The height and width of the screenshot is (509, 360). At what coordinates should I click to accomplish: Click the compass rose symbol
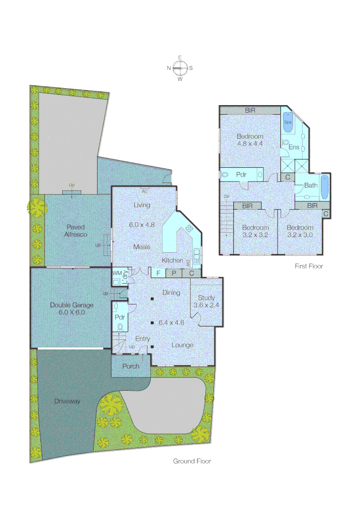point(180,68)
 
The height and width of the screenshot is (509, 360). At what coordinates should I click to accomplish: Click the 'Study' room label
point(206,301)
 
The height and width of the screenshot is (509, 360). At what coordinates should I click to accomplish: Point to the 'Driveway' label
point(66,402)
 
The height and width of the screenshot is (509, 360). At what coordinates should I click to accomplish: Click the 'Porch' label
point(131,366)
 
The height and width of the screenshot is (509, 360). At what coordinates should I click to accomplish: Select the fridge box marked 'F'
point(158,273)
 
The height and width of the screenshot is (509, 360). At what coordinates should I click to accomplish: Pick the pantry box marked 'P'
point(173,273)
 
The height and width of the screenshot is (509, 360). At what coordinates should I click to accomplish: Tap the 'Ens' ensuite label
point(294,147)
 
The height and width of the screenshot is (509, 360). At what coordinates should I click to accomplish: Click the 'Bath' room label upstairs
point(311,185)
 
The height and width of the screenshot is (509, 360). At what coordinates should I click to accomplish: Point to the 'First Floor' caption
point(309,266)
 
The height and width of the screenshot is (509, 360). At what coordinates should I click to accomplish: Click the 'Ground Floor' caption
point(192,461)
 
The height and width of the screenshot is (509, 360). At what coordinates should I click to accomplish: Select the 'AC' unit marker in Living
point(145,191)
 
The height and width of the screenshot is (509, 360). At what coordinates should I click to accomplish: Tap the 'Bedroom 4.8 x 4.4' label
point(250,140)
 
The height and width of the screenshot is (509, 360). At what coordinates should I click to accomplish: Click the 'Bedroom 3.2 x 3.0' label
point(300,231)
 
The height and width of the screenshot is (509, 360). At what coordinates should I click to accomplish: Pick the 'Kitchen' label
point(172,260)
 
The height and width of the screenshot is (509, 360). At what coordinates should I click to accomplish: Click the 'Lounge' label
point(182,345)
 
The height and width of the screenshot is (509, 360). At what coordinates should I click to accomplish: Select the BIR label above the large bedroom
point(250,110)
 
